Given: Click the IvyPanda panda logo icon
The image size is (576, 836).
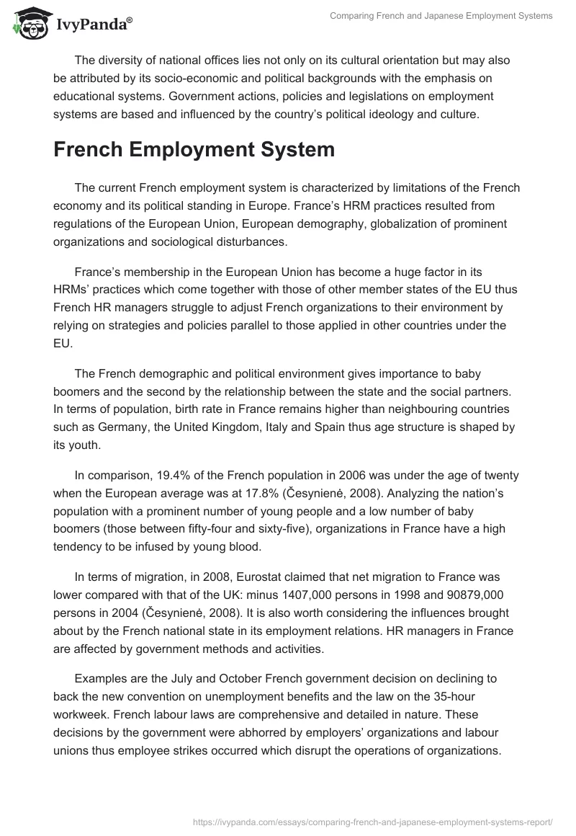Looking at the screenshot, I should pos(28,25).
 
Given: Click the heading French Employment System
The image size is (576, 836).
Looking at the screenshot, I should pos(194,149).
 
